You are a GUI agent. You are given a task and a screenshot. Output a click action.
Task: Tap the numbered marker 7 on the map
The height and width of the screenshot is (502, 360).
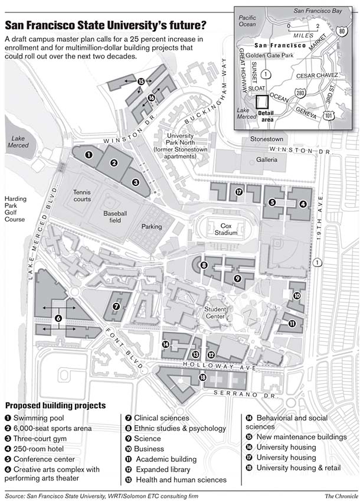pos(116,306)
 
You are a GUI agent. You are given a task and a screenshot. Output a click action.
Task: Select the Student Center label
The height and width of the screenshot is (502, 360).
pos(216,312)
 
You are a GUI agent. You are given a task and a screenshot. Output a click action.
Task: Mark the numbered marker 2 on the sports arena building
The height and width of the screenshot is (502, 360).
pos(114,163)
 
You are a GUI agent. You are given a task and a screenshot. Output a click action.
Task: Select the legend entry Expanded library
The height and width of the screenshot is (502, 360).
pos(164,470)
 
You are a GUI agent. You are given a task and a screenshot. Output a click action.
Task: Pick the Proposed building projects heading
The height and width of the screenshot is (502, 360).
pos(55,406)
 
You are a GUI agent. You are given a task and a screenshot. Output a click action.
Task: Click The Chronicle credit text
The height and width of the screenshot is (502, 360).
pos(339,495)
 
